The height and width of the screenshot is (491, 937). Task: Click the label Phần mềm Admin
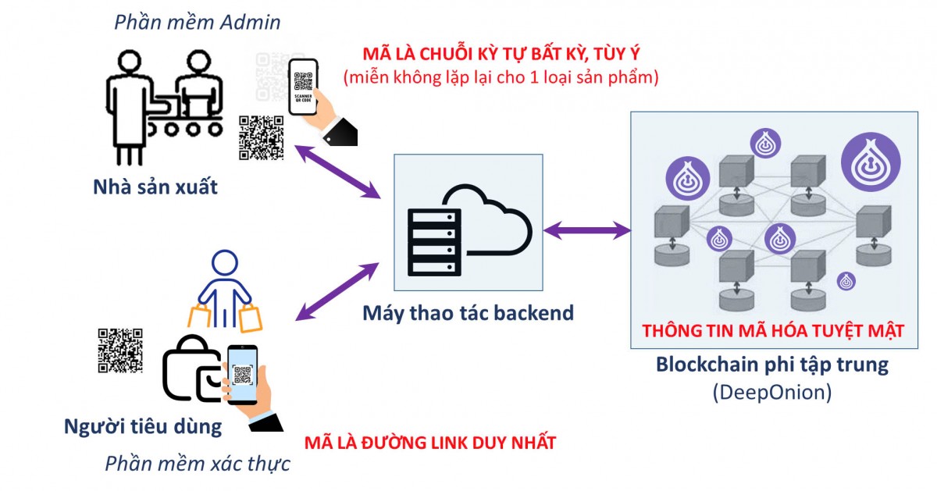(197, 22)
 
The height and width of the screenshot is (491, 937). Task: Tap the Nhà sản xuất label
(155, 188)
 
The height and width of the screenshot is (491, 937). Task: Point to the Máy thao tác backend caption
(468, 313)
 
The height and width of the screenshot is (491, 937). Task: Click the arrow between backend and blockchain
(587, 230)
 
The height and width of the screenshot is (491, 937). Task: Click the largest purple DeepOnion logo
(870, 165)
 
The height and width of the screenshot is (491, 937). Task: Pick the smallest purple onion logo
(846, 280)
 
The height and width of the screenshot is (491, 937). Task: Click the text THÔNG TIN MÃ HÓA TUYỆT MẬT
(773, 331)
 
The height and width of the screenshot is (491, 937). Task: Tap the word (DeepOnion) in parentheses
(771, 392)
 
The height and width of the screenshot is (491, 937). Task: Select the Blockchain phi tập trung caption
(772, 365)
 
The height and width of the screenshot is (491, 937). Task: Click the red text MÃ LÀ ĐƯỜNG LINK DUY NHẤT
(430, 443)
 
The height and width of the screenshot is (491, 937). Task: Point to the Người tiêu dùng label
(143, 427)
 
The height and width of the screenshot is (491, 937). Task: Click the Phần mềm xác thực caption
(198, 464)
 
